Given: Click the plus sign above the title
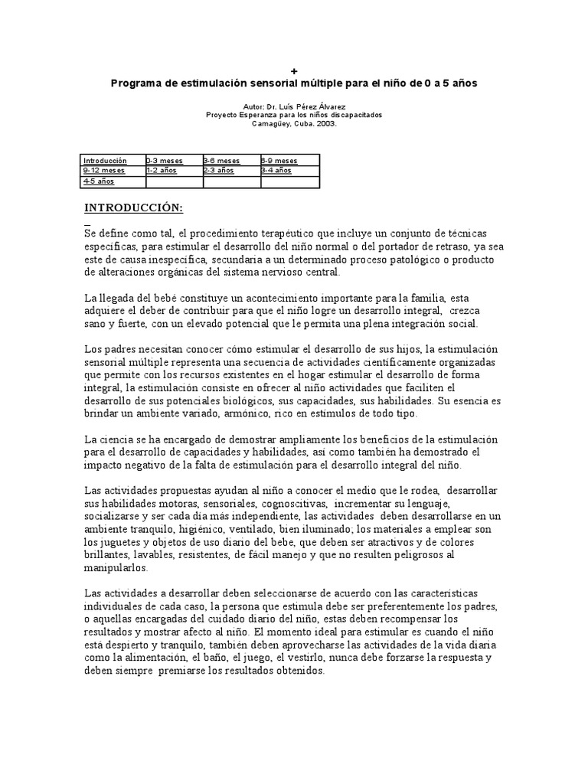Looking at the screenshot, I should pos(294,71).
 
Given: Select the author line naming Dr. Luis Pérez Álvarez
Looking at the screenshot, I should pos(294,105).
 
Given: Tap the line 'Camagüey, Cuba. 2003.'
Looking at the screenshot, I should pos(294,122).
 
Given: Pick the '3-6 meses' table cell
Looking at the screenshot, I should pos(221,161).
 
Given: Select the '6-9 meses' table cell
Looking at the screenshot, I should pos(279,161).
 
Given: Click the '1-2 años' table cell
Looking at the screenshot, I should pos(162,171).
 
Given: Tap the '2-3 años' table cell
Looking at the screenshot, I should pos(219,171).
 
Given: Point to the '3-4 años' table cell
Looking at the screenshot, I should pos(276,171).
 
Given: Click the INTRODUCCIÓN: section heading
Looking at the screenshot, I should pos(133,208).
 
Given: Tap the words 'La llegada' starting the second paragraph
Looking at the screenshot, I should pos(106,297).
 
